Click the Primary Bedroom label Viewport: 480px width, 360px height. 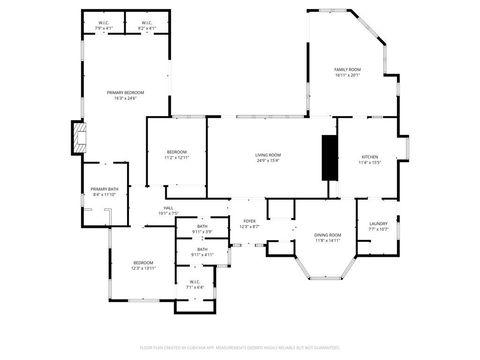tap(125, 92)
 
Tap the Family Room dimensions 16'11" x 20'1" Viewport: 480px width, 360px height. tap(347, 75)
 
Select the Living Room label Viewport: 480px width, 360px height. tap(268, 155)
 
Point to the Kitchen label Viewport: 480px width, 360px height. tap(369, 157)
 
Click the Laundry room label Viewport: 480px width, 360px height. tap(378, 224)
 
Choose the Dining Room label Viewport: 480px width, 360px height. tap(327, 235)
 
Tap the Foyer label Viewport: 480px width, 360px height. tap(249, 221)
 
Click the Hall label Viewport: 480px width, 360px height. tap(168, 208)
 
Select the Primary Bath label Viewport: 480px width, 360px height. tap(105, 189)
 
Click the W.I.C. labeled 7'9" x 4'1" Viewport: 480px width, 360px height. tap(104, 22)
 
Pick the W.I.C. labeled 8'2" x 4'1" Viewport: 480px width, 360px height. tap(147, 22)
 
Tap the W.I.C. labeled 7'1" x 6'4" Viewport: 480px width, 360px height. tap(195, 282)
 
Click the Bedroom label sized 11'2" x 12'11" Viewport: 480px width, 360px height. tap(177, 152)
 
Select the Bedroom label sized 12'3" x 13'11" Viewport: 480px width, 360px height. tap(143, 262)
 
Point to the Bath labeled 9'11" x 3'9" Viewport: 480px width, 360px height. tap(202, 226)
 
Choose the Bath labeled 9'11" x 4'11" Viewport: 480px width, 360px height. tap(202, 249)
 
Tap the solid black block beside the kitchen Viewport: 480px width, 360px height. tap(330, 157)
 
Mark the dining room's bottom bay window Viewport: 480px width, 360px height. tap(325, 278)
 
